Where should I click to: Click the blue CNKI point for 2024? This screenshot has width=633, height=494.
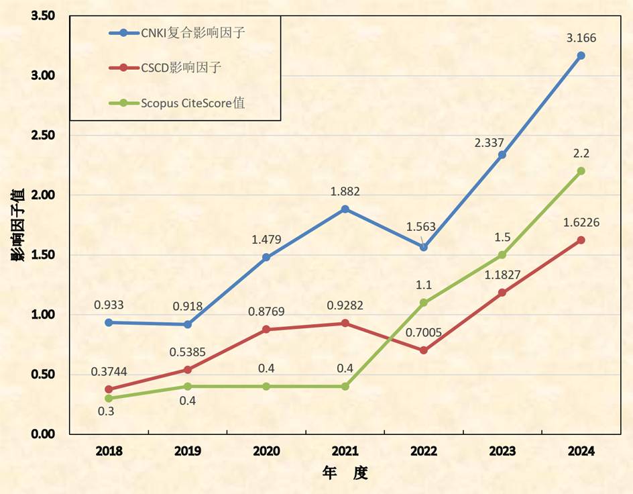pos(581,56)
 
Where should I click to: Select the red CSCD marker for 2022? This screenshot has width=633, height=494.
pos(423,350)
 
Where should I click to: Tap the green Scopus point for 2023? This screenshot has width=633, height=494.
pos(502,255)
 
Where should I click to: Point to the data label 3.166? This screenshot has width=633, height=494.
pos(581,38)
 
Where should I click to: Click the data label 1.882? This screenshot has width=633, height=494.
pos(345,191)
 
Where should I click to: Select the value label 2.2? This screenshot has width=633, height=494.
pos(581,154)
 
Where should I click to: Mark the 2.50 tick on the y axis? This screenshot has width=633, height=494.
pos(43,136)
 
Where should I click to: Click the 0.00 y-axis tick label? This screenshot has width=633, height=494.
pos(43,434)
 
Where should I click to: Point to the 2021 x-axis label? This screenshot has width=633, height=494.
pos(345,451)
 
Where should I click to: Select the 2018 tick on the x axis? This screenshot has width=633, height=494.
pos(109,451)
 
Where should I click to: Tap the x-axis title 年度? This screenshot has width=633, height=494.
pos(345,473)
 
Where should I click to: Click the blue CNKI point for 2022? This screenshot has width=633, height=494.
pos(423,247)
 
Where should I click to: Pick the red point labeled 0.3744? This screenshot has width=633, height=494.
pos(109,389)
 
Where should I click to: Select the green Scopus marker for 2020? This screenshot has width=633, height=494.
pos(266,387)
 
